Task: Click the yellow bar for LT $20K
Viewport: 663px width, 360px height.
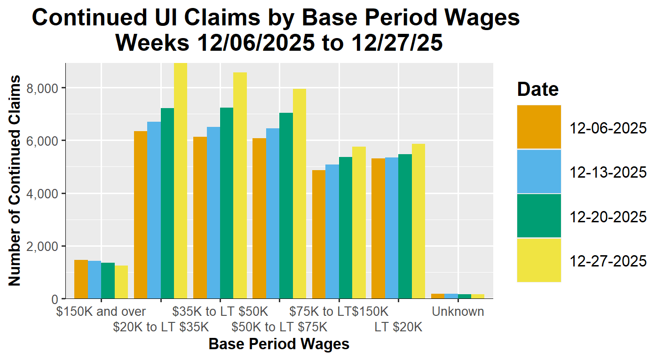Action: (418, 221)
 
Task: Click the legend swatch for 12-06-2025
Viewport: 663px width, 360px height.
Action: (539, 127)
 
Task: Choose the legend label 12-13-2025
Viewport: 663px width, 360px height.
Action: (608, 172)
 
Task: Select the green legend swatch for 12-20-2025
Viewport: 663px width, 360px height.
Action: (539, 216)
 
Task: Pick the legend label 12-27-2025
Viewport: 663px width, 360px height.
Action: (608, 261)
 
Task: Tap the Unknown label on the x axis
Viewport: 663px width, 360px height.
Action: (458, 312)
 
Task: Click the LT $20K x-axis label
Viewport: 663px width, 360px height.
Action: (398, 327)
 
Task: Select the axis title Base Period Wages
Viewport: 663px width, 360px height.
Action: (279, 344)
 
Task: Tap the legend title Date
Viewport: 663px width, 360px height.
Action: (537, 89)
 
